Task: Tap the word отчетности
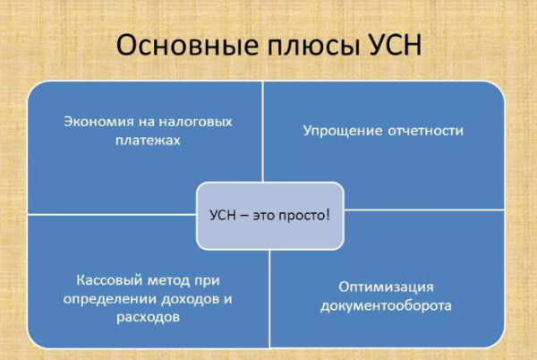tap(425, 131)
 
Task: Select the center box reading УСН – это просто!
tap(269, 215)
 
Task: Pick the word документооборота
tap(386, 305)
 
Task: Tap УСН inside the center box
tap(224, 216)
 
